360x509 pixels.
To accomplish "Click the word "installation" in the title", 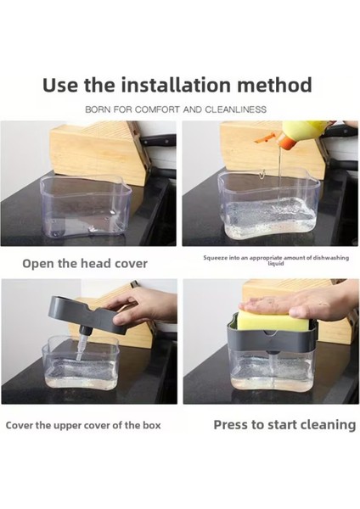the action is pos(176,85).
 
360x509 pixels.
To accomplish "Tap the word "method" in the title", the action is pos(274,85).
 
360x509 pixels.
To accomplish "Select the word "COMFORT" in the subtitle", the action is pos(156,109).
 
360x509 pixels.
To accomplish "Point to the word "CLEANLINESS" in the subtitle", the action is pos(235,109).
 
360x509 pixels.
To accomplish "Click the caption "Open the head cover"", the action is pos(85,263).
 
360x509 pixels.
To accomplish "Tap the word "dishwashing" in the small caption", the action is pos(331,258).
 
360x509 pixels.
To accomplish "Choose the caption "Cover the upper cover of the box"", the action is pos(83,425).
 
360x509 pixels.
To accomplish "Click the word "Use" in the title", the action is pos(60,85).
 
